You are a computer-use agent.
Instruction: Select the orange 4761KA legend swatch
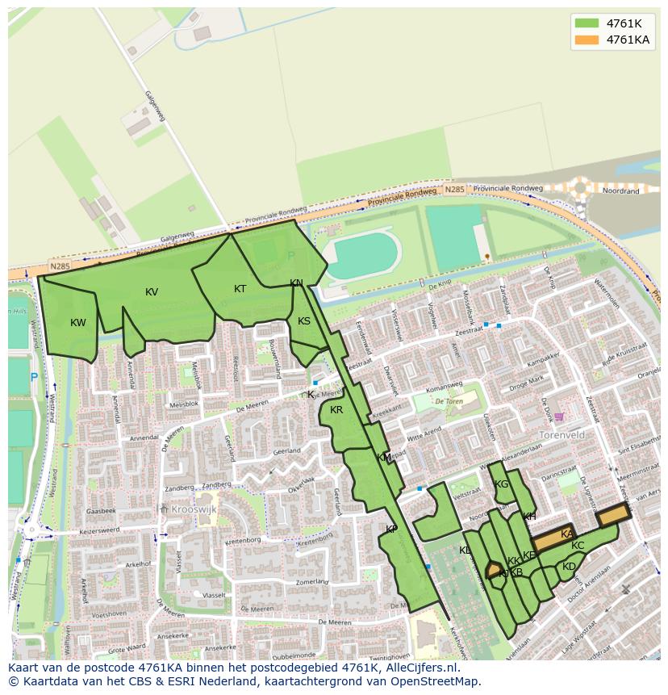coord(587,40)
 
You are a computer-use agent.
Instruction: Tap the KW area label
coord(77,323)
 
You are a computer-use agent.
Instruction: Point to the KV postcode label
coord(152,292)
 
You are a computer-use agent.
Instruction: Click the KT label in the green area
coord(240,289)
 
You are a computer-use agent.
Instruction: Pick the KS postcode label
coord(304,321)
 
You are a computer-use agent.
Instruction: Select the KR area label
coord(336,410)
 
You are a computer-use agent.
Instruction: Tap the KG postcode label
coord(502,484)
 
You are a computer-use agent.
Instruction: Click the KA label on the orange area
coord(567,534)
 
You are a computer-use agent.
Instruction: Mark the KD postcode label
coord(569,567)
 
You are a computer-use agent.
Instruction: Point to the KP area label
coord(391,530)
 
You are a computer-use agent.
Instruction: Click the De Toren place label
coord(449,400)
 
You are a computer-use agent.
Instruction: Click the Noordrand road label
coord(621,191)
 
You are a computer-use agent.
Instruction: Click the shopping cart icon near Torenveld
coord(558,417)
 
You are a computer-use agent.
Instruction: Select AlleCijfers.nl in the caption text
coord(419,668)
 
